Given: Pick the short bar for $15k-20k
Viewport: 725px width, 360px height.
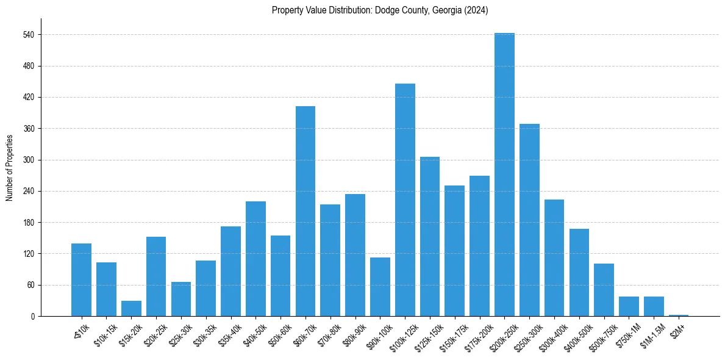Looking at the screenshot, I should (131, 309).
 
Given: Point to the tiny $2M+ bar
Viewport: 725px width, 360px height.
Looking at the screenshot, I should (679, 315).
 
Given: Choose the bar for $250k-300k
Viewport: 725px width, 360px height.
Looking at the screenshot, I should (529, 220).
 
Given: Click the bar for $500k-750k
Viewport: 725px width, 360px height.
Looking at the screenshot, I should (604, 290).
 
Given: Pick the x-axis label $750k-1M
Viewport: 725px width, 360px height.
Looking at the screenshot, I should (629, 333).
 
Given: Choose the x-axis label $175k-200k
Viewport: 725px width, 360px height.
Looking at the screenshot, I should (479, 334).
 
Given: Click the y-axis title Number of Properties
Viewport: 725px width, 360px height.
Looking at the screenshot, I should (9, 167).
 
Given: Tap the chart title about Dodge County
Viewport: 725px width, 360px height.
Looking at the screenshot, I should (380, 10).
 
